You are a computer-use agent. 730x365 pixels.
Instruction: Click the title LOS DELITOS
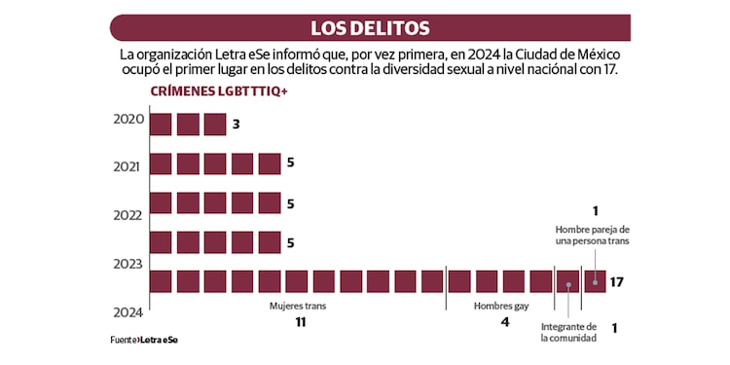(370, 27)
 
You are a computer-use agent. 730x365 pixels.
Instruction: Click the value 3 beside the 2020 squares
(236, 125)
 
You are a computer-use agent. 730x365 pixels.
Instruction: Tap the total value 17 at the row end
(616, 282)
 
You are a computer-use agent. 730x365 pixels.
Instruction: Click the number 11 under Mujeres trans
(301, 322)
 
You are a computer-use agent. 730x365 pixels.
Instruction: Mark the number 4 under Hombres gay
(504, 322)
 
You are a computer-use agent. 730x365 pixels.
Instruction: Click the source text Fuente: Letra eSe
(144, 340)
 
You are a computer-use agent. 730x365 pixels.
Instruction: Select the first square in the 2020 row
(161, 125)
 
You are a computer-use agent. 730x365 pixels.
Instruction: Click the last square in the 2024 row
(594, 281)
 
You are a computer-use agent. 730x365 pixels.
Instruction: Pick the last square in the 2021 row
(270, 164)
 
